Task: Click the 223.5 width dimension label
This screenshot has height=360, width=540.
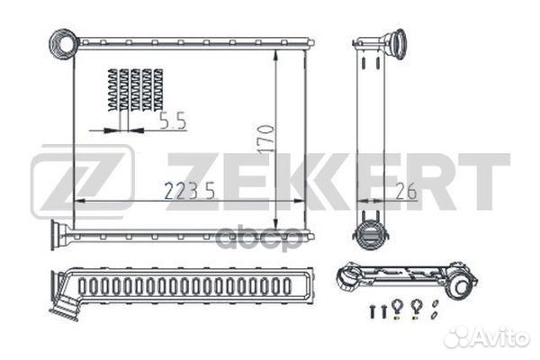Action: click(189, 191)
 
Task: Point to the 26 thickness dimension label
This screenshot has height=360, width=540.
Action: click(406, 191)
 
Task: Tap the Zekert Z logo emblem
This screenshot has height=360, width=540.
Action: click(82, 182)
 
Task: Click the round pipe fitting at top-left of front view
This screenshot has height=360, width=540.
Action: click(64, 42)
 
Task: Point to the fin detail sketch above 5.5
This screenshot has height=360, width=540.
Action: click(136, 90)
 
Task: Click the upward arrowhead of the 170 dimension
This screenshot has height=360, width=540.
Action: click(275, 56)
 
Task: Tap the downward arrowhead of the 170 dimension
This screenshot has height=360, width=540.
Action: click(275, 222)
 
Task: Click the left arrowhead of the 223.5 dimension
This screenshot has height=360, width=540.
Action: click(80, 201)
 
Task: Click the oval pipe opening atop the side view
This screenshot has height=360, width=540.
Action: click(399, 44)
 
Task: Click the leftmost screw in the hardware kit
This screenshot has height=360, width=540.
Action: click(373, 311)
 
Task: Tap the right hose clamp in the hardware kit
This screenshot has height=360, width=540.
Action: click(416, 308)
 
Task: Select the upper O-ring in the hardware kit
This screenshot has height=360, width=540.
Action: click(436, 303)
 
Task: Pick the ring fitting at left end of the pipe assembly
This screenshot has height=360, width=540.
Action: click(346, 276)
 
